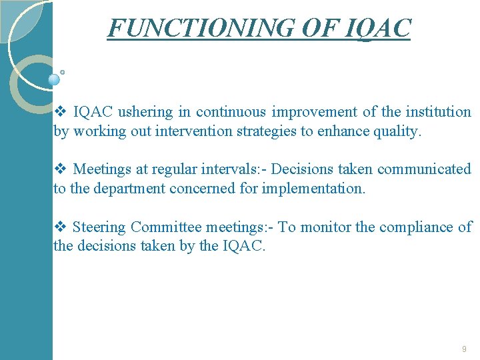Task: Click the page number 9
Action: click(463, 349)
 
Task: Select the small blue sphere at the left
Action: click(55, 79)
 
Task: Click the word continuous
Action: click(230, 112)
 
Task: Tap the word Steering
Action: click(99, 227)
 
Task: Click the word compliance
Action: click(415, 227)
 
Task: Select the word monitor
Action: click(326, 227)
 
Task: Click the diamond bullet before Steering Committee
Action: click(59, 227)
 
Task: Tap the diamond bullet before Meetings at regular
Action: click(59, 169)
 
